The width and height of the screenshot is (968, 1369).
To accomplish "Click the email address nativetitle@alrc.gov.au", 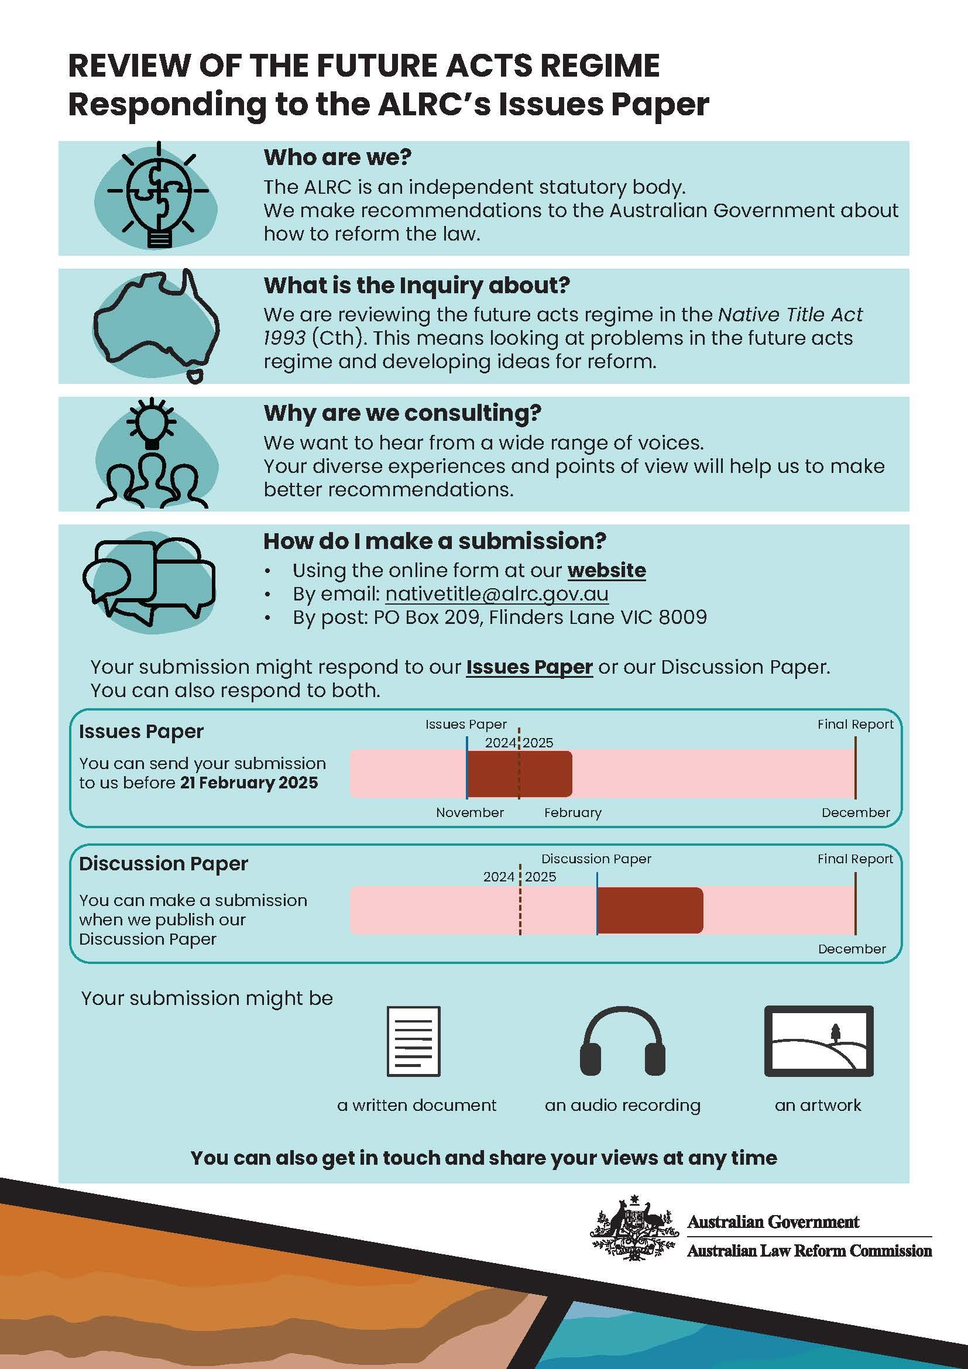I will [x=496, y=594].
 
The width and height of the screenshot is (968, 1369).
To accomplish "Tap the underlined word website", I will [x=606, y=571].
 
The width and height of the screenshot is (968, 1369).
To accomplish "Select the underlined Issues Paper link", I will [x=528, y=667].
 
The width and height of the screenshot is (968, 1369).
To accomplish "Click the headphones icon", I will [x=622, y=1041].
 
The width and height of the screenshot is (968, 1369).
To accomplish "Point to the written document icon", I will [x=414, y=1041].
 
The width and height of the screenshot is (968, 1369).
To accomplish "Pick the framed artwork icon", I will [x=818, y=1041].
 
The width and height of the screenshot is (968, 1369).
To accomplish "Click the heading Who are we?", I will [x=337, y=157].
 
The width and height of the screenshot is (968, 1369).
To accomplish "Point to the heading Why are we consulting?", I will [x=402, y=413].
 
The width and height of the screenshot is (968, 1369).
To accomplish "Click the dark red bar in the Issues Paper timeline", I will [x=519, y=774].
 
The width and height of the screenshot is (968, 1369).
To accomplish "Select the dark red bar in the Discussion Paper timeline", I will [x=649, y=911].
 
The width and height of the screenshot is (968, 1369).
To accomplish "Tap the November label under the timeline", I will [x=470, y=813].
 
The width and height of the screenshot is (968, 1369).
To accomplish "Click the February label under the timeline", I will [x=572, y=813].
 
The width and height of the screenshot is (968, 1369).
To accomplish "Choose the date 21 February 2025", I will [x=249, y=783].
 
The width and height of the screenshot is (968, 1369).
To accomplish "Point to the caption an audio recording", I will [x=622, y=1106].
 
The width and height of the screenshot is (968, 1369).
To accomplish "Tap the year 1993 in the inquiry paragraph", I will [x=284, y=338].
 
